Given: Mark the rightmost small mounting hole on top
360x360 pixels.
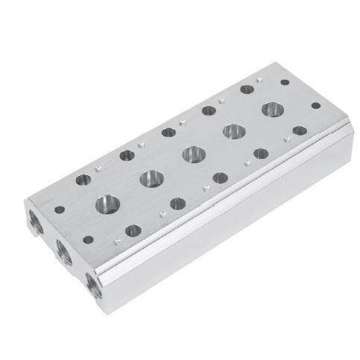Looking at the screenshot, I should tap(300, 130).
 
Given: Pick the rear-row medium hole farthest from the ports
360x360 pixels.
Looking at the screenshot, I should tap(246, 89).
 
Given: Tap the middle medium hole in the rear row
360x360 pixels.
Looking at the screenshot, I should tap(168, 133).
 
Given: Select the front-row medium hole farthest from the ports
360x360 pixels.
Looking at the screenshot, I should tap(261, 154).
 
